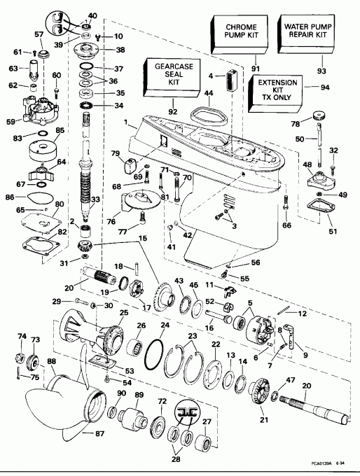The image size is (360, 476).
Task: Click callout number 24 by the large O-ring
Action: coord(165,325)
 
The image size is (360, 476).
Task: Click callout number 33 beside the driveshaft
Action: coord(96,199)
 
